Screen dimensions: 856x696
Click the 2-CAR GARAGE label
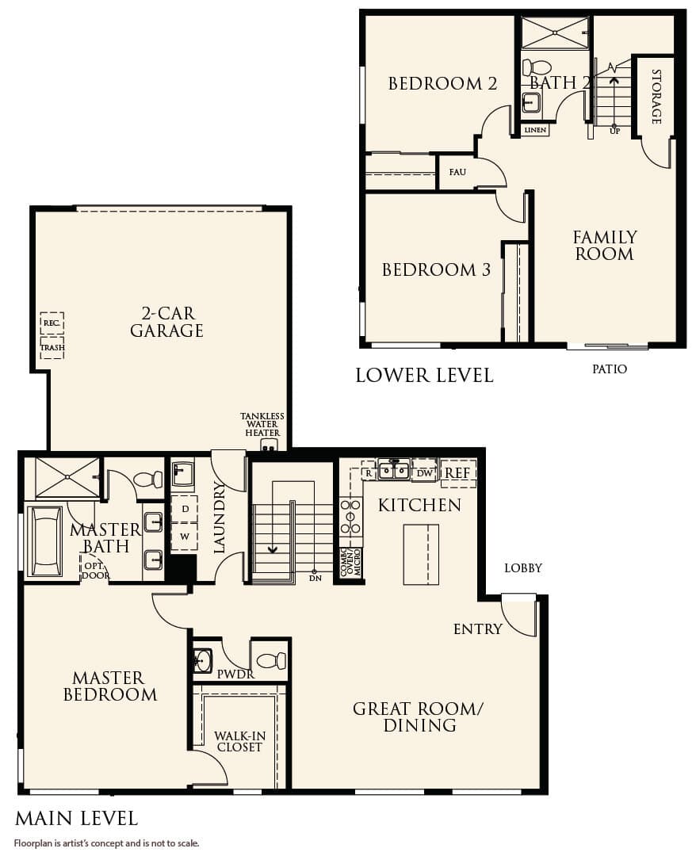coord(166,321)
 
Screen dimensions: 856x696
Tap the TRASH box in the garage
coord(52,347)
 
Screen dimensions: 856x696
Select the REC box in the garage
coord(52,323)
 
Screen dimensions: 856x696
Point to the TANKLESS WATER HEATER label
coord(262,425)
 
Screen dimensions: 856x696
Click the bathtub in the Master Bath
coord(45,541)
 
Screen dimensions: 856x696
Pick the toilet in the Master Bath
coord(148,479)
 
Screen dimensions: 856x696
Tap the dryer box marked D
coord(185,509)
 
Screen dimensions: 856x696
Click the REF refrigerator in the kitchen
coord(457,472)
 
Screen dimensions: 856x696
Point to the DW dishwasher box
coord(424,472)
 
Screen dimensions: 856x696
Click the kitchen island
coord(420,554)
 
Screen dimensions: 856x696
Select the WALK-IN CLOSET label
coord(239,741)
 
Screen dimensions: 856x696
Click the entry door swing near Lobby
coord(520,615)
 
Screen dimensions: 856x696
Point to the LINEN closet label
coord(535,129)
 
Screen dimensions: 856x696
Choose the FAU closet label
coord(457,171)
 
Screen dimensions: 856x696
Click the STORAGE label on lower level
coord(656,97)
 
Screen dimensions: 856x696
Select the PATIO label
coord(609,369)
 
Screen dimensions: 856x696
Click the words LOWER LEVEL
coord(424,375)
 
